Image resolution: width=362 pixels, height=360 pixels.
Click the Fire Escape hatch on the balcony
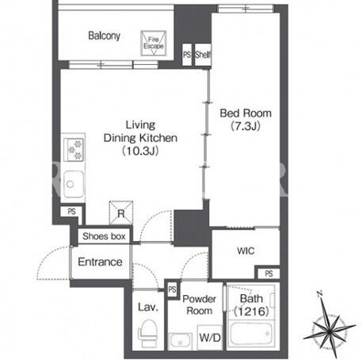(x=154, y=43)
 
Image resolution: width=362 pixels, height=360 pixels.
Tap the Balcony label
(x=105, y=36)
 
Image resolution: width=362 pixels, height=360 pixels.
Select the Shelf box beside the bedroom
(x=203, y=55)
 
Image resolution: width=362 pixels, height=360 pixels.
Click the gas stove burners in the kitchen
(x=74, y=150)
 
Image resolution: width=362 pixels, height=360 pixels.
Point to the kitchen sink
(x=74, y=184)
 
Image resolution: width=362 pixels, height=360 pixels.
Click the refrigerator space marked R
(x=121, y=213)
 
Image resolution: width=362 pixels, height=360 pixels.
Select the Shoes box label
(x=104, y=236)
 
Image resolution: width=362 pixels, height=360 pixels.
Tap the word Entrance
(x=100, y=262)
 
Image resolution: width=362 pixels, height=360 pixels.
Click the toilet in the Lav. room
(x=148, y=333)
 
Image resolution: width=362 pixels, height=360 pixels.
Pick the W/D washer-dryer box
(x=210, y=338)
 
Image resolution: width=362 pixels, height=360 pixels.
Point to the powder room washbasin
(x=181, y=342)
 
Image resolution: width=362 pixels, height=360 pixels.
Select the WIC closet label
(x=246, y=251)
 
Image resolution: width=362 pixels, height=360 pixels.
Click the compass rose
(x=330, y=329)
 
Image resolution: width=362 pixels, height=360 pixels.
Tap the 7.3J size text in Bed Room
(x=246, y=126)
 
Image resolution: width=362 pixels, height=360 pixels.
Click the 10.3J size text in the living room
(x=140, y=151)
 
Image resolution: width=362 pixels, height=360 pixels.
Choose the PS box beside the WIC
(x=269, y=274)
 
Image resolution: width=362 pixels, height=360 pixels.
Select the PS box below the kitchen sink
(x=71, y=212)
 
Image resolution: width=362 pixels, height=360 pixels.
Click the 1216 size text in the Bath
(x=251, y=312)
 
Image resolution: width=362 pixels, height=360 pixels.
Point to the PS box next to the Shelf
(x=187, y=55)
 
